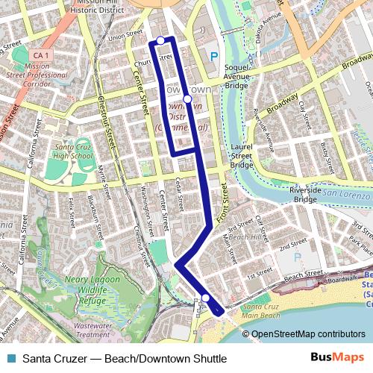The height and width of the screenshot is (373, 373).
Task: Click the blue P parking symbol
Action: [214, 55]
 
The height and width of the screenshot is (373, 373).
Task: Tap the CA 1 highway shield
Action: [41, 56]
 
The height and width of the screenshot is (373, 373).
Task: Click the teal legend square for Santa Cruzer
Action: [10, 359]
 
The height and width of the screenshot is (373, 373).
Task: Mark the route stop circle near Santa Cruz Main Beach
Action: [206, 298]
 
